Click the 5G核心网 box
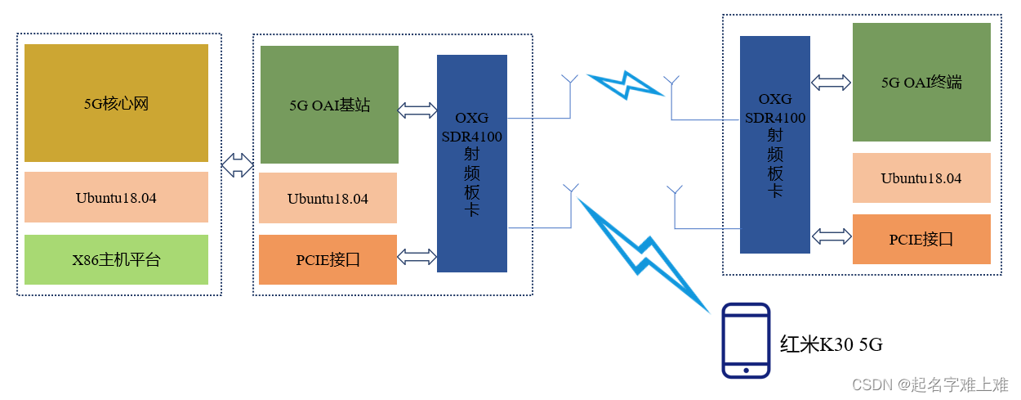pyautogui.click(x=116, y=103)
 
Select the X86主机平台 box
pyautogui.click(x=116, y=260)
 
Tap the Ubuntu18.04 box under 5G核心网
pyautogui.click(x=116, y=197)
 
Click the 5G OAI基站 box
pyautogui.click(x=329, y=105)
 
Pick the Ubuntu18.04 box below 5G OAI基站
pyautogui.click(x=328, y=198)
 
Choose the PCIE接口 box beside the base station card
pyautogui.click(x=328, y=260)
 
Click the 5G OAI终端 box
pyautogui.click(x=921, y=82)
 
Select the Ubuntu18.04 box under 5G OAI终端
pyautogui.click(x=921, y=178)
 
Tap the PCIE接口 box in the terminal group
pyautogui.click(x=921, y=239)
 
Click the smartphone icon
pyautogui.click(x=746, y=340)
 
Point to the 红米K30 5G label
pyautogui.click(x=831, y=345)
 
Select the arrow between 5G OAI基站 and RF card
pyautogui.click(x=417, y=110)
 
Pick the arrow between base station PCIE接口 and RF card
pyautogui.click(x=417, y=257)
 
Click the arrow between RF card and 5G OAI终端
pyautogui.click(x=832, y=82)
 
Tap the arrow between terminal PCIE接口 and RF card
pyautogui.click(x=832, y=236)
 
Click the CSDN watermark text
pyautogui.click(x=929, y=384)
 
